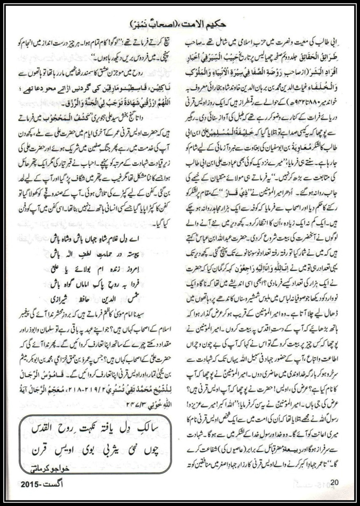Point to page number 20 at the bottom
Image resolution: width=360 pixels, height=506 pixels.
click(x=335, y=482)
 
